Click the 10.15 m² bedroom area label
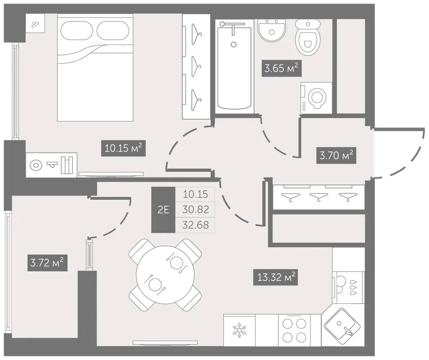[123, 148]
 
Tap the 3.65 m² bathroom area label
[282, 68]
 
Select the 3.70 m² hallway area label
[336, 155]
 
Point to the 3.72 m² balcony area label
[47, 263]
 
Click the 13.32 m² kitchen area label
[275, 277]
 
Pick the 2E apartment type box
[164, 210]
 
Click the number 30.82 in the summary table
[196, 209]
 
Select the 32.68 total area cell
[196, 225]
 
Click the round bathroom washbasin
[272, 30]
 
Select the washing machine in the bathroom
[316, 98]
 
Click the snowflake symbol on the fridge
[239, 331]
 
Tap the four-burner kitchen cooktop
[294, 331]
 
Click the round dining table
[165, 274]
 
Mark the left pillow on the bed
[78, 31]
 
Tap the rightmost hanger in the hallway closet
[348, 197]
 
